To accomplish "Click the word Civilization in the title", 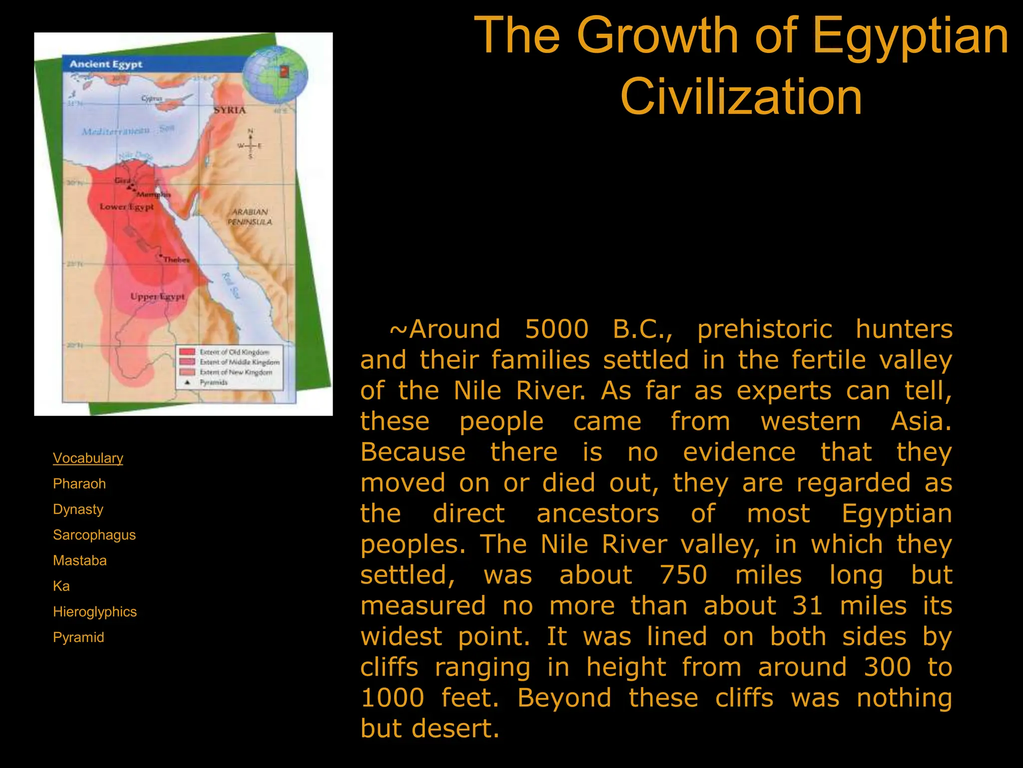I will pyautogui.click(x=741, y=97).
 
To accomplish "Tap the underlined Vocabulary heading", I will pyautogui.click(x=88, y=458).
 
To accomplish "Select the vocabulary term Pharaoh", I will pyautogui.click(x=79, y=483).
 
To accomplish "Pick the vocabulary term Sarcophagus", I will pyautogui.click(x=94, y=534).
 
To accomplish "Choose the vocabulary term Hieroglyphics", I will pyautogui.click(x=95, y=611).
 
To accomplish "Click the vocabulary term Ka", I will pyautogui.click(x=61, y=586).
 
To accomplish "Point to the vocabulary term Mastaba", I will pyautogui.click(x=80, y=560).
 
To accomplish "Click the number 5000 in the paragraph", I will pyautogui.click(x=556, y=329).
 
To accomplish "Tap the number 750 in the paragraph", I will pyautogui.click(x=683, y=575).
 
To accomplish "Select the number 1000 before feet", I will pyautogui.click(x=393, y=698).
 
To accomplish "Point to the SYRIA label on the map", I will pyautogui.click(x=230, y=110).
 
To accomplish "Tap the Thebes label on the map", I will pyautogui.click(x=176, y=259).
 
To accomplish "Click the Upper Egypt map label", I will pyautogui.click(x=157, y=296).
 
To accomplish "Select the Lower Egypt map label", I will pyautogui.click(x=127, y=206).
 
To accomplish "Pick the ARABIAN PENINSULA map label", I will pyautogui.click(x=250, y=216).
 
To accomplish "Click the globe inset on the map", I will pyautogui.click(x=275, y=73).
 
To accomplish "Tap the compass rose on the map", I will pyautogui.click(x=250, y=145).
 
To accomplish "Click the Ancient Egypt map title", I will pyautogui.click(x=106, y=64).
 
